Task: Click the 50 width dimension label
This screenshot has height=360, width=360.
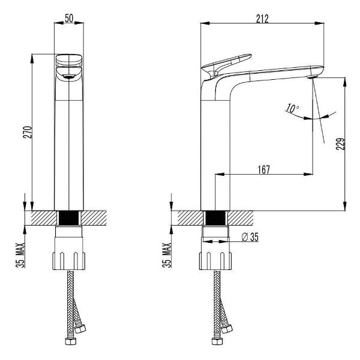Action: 69,18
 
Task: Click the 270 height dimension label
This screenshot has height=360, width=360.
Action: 28,132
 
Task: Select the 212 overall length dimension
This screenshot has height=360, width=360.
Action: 262,19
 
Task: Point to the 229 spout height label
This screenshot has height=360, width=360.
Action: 340,144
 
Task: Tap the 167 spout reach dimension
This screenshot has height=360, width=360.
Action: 264,170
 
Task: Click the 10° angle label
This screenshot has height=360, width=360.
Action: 292,108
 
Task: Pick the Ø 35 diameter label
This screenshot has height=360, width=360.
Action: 250,237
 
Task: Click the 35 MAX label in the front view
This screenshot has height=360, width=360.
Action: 20,255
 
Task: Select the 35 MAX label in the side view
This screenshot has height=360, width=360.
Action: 167,255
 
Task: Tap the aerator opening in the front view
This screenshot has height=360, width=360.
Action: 69,77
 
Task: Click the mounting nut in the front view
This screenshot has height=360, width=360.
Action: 69,261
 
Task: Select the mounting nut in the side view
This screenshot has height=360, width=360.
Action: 215,261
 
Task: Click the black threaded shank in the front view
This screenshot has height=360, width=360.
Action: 69,218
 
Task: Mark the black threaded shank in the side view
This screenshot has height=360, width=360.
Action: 215,218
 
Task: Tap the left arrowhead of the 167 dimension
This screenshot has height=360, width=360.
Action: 220,175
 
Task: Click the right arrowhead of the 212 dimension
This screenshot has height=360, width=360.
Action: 319,23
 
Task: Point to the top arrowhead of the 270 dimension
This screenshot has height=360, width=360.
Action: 32,59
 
